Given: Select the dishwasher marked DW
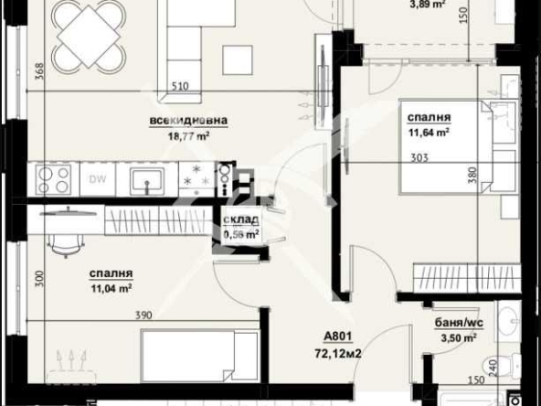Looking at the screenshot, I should pyautogui.click(x=97, y=178).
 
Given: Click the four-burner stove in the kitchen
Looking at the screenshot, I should pyautogui.click(x=53, y=178).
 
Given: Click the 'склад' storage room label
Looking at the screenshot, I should pyautogui.click(x=241, y=220).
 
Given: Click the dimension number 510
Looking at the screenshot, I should pyautogui.click(x=181, y=88).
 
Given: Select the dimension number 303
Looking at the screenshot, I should pyautogui.click(x=421, y=156).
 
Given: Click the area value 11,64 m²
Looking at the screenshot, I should pyautogui.click(x=428, y=132).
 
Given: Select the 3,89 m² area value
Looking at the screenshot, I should pyautogui.click(x=425, y=5).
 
